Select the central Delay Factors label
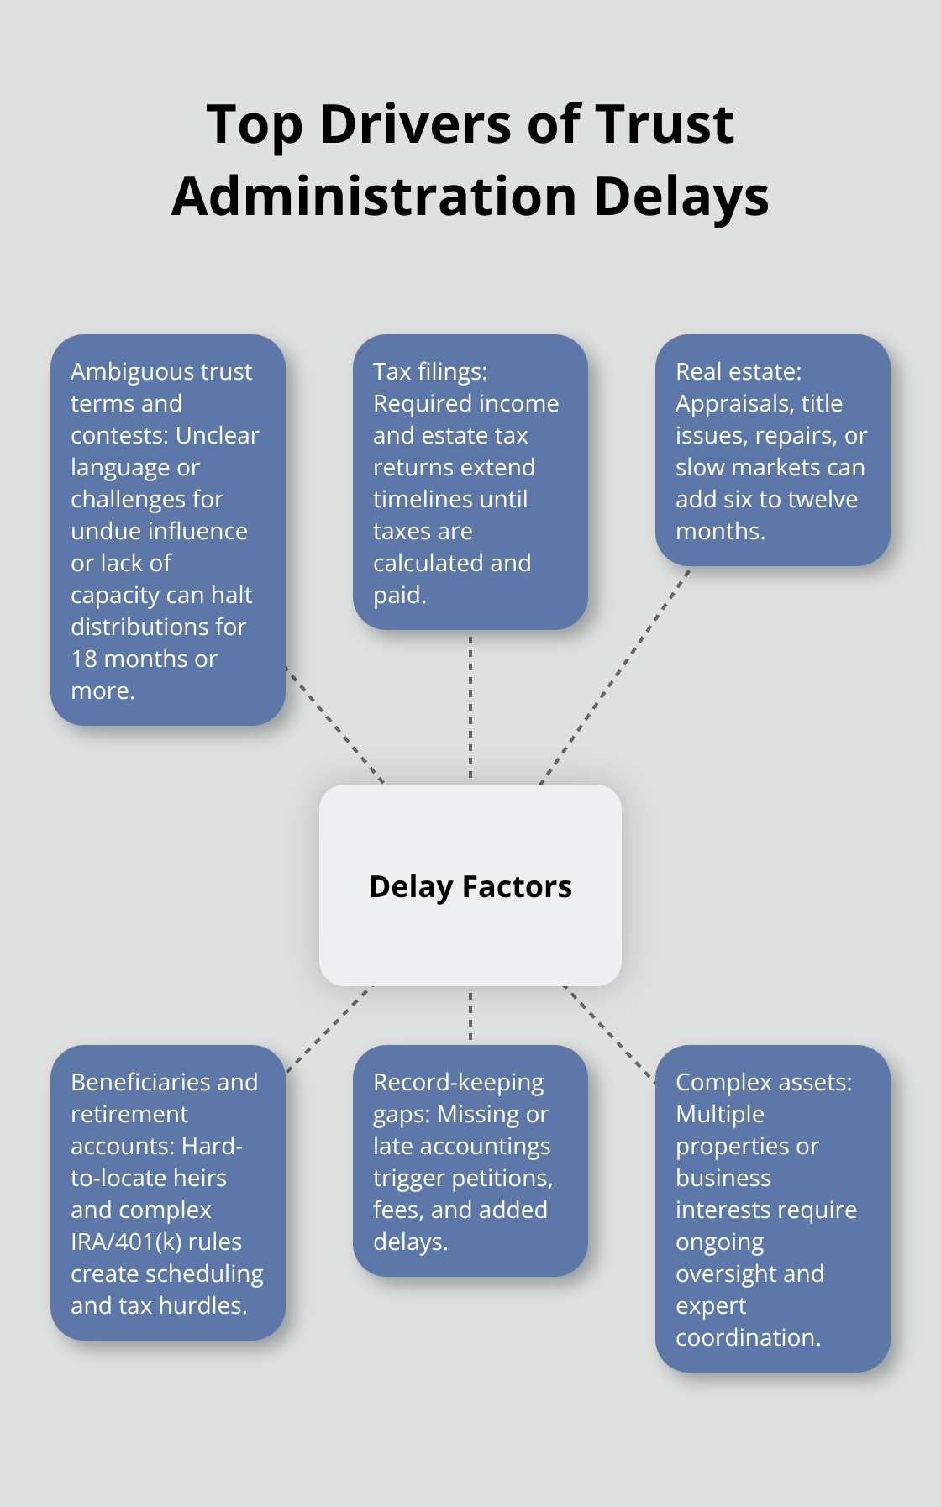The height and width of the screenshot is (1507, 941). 470,887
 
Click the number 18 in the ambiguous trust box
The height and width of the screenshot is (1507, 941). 84,659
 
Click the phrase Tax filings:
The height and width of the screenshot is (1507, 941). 430,372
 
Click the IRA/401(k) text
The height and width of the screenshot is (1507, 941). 126,1242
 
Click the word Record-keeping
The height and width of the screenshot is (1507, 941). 458,1083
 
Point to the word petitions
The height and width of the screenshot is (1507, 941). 502,1179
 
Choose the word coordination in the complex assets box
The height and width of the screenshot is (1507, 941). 747,1338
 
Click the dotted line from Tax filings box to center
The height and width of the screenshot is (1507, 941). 470,706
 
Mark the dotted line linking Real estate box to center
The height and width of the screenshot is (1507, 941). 615,677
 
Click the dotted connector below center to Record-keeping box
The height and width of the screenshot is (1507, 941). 470,1015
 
